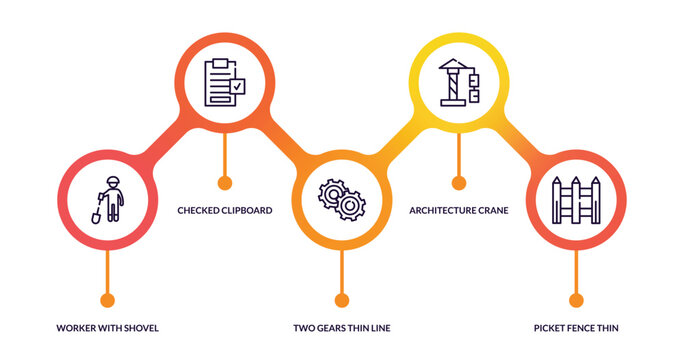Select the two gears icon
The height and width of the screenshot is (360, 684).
(341, 199)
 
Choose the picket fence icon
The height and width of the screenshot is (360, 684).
(575, 199)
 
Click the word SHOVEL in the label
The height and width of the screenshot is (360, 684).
(140, 327)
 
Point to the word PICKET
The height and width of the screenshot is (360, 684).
(553, 327)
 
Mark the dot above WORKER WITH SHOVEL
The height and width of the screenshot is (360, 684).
(107, 299)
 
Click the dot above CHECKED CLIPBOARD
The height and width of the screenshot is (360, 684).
(224, 183)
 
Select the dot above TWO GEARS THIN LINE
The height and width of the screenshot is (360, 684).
(341, 299)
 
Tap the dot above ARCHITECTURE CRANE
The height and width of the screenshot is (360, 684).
(459, 183)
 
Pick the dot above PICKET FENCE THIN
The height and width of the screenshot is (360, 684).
(575, 299)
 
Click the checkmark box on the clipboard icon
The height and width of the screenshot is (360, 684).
(237, 88)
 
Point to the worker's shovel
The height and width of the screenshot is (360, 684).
(97, 212)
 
